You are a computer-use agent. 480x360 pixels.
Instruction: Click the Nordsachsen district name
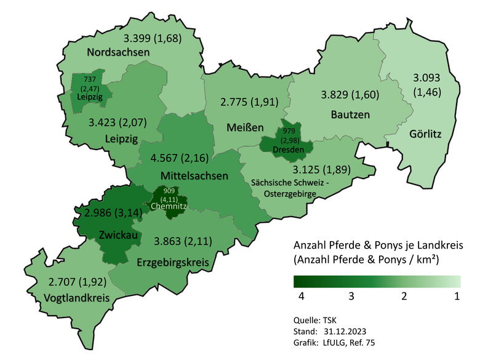[x=118, y=52]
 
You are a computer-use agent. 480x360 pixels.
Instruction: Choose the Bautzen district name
[x=350, y=114]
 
